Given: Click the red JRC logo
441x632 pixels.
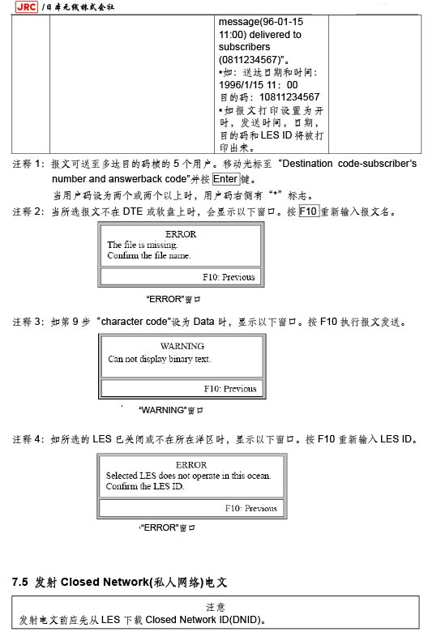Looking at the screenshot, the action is (26, 6).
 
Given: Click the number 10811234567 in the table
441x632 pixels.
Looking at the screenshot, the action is (289, 97).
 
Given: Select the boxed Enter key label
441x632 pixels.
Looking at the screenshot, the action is (225, 179).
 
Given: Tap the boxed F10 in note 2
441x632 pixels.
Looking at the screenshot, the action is (308, 211).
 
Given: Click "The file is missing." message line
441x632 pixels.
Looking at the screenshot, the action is (143, 245).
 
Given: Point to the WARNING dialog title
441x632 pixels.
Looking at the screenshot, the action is (182, 346).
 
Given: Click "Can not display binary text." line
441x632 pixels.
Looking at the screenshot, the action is (160, 359).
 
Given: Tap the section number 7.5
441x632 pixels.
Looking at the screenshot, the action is (19, 582).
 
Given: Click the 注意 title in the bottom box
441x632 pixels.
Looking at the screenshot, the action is (216, 607).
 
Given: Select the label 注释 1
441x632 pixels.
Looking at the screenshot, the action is (28, 164).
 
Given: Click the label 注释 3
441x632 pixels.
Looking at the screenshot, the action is (28, 322).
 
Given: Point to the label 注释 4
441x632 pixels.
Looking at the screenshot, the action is (28, 439).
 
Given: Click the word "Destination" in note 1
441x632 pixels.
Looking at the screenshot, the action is (307, 164).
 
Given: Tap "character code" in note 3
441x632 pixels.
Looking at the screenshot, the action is (134, 322).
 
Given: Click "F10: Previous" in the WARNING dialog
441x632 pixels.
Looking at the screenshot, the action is (230, 389).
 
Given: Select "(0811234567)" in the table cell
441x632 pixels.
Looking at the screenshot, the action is (250, 60).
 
